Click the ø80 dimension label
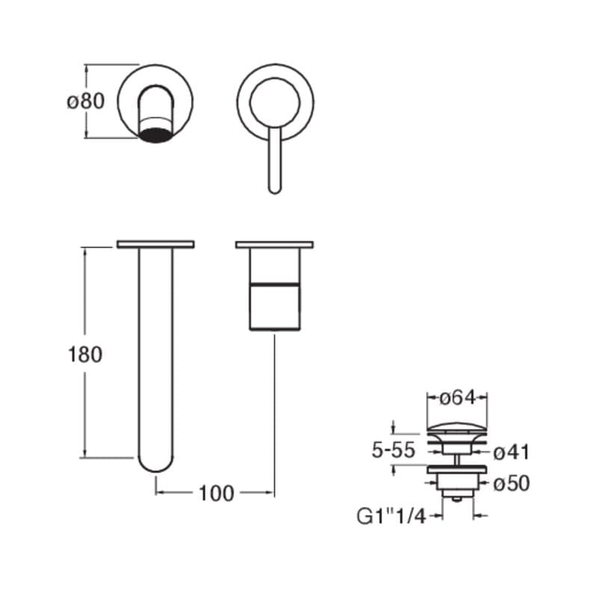(x=85, y=102)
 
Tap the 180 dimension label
(x=85, y=354)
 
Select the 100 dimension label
(x=216, y=493)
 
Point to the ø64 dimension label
(x=457, y=398)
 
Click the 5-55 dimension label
(x=393, y=450)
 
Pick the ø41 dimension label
(x=511, y=453)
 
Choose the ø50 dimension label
(x=511, y=484)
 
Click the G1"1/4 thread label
(x=391, y=517)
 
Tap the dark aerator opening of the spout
(x=156, y=135)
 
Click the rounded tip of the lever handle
(x=275, y=190)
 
